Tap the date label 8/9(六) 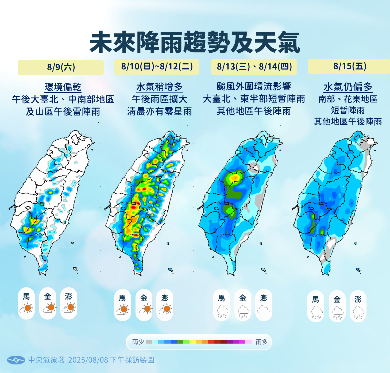(x=61, y=67)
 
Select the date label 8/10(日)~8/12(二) (x=157, y=66)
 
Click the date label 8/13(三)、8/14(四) (x=254, y=67)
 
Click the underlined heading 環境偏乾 (x=63, y=87)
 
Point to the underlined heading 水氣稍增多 (x=159, y=87)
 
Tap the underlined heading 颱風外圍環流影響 (x=254, y=87)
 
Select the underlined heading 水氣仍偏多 (x=348, y=87)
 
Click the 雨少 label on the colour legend (x=138, y=342)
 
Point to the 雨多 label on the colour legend (x=261, y=342)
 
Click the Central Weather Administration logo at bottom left (x=16, y=360)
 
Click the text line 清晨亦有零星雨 (x=159, y=111)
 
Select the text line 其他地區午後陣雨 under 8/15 (x=348, y=122)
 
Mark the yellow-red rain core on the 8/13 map (x=235, y=177)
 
